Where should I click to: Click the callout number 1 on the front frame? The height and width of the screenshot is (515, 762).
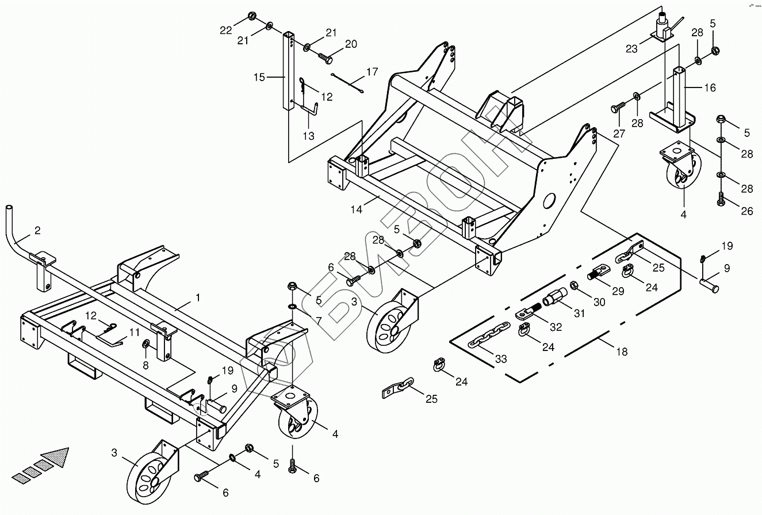198,297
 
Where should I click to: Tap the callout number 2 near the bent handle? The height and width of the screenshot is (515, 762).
37,231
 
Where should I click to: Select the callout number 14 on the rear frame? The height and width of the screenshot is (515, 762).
357,209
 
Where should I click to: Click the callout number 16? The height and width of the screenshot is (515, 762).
710,87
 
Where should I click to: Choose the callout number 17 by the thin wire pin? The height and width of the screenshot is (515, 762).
372,73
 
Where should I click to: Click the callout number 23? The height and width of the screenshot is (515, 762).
631,49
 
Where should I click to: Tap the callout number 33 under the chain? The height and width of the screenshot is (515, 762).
501,359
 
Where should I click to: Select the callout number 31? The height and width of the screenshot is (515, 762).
579,314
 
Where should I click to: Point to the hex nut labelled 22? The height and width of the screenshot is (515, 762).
252,14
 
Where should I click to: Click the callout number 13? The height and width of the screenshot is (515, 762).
309,136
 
